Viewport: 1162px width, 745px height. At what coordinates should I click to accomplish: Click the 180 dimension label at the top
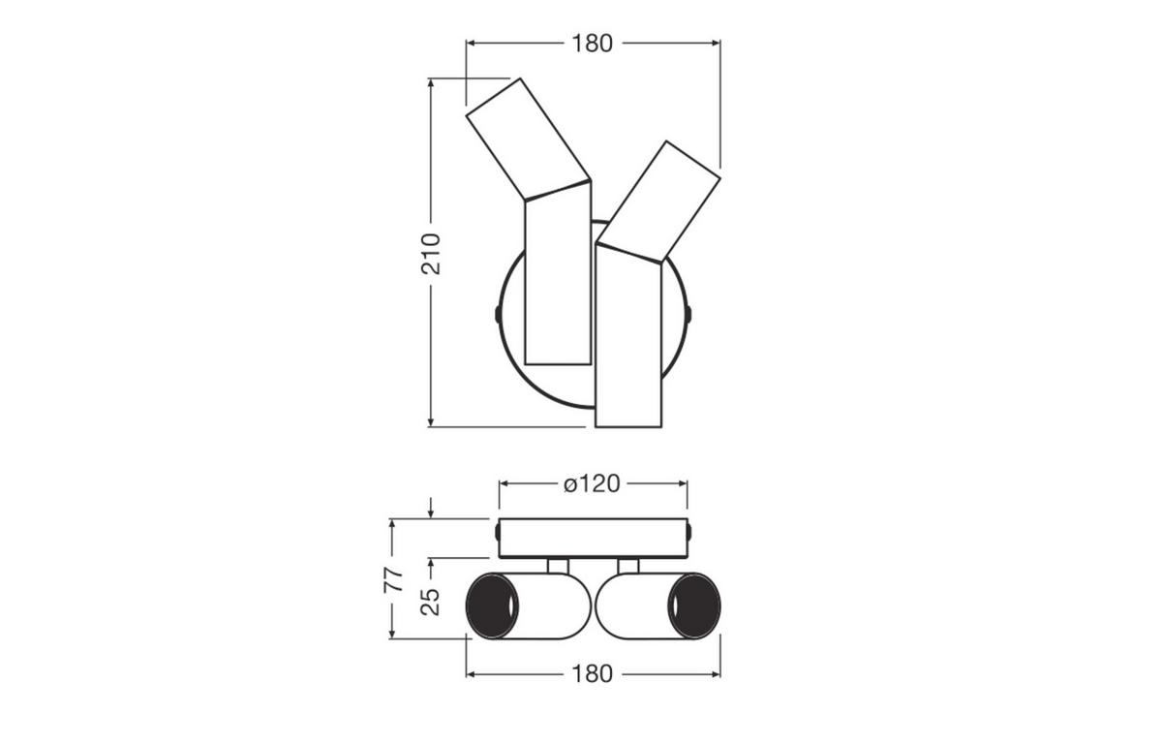tap(592, 44)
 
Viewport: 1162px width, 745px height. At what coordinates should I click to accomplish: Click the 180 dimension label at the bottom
tap(592, 674)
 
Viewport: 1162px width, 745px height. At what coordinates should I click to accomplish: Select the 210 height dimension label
tap(431, 254)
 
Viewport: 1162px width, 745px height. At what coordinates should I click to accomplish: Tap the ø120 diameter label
tap(592, 483)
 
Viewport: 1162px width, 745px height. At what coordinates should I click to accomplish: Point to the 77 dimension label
tap(393, 580)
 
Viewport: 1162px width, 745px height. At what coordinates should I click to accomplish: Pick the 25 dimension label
tap(430, 602)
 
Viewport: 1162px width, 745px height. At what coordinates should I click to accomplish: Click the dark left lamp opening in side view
tap(492, 605)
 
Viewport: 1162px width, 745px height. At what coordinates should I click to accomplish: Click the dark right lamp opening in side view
tap(694, 605)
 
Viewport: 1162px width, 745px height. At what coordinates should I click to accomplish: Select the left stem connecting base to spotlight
tap(558, 566)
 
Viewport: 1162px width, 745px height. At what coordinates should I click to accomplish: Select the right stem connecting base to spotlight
tap(628, 566)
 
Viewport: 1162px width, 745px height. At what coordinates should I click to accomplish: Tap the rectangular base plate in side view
tap(594, 538)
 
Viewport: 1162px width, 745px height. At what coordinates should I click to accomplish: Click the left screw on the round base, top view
tap(498, 314)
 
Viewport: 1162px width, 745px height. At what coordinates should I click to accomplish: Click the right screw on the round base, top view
tap(688, 314)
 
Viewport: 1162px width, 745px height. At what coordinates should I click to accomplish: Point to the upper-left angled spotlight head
tap(529, 140)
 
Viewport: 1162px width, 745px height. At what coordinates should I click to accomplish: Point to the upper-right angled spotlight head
tap(658, 202)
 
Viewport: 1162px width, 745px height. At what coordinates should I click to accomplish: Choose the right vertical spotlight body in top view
tap(628, 336)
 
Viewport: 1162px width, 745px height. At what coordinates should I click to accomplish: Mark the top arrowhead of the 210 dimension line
tap(431, 83)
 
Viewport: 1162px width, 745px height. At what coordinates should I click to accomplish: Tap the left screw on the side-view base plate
tap(498, 532)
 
